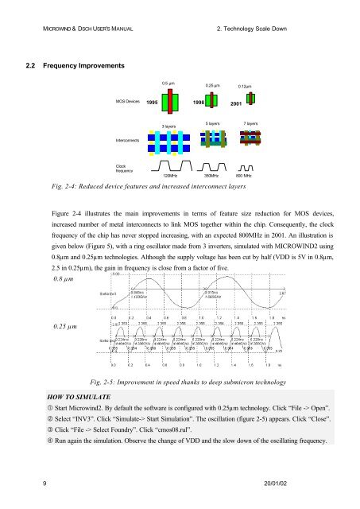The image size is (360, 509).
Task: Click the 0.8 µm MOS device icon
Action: pos(168,101)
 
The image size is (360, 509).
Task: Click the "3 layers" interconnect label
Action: pos(168,126)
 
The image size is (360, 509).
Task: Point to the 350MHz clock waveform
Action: pos(211,165)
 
